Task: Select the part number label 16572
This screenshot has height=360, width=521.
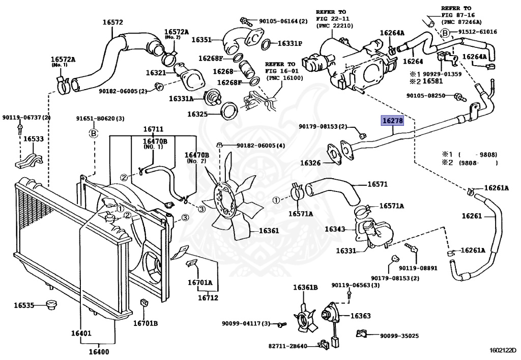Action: pos(112,22)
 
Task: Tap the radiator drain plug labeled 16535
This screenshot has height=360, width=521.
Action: pos(51,304)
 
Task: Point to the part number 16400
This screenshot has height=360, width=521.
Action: pos(99,351)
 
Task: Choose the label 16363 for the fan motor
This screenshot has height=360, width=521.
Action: pos(361,316)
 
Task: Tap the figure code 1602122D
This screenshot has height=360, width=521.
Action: pos(503,350)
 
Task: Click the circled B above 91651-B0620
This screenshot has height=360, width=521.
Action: pos(94,133)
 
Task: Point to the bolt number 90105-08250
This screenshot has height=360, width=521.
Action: pos(426,96)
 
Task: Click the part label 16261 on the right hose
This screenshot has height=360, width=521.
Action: pos(472,216)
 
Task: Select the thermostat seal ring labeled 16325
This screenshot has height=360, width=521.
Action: pos(229,110)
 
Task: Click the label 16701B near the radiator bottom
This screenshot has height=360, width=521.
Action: pos(146,323)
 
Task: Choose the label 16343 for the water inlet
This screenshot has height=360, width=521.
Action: pos(335,229)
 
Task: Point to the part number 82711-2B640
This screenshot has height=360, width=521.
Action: pos(288,346)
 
